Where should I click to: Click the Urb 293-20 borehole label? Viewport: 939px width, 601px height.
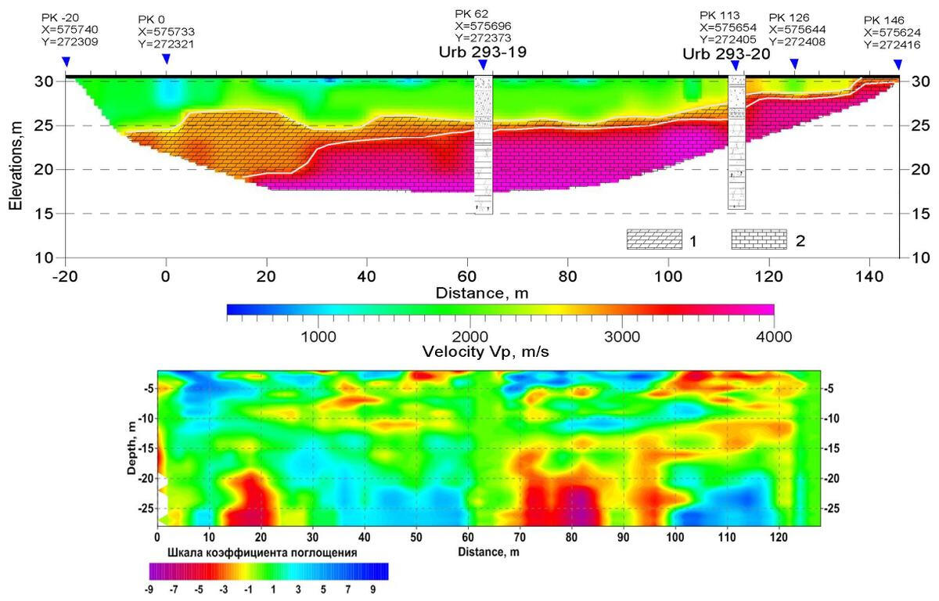(726, 55)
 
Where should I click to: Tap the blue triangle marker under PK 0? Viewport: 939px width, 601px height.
(166, 59)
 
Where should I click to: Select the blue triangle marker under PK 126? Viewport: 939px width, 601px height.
(794, 63)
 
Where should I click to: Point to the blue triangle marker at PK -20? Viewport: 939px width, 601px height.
(66, 61)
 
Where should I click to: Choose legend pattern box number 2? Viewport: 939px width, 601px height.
(758, 239)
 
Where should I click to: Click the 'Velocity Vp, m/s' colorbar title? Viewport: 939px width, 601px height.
(485, 352)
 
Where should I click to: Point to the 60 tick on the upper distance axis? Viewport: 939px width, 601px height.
(467, 276)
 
